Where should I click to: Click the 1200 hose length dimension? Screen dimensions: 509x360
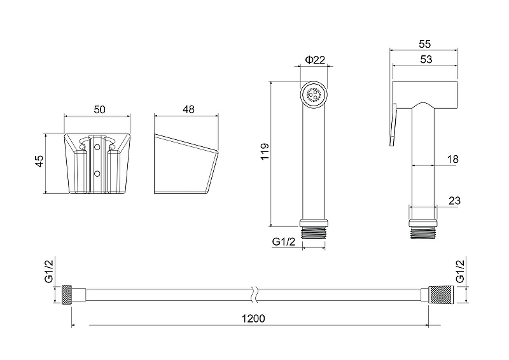(x=253, y=319)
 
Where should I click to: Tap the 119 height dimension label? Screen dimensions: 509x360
(x=265, y=151)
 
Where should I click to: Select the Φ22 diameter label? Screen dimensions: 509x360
(x=315, y=60)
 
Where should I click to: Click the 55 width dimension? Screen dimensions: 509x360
(x=424, y=44)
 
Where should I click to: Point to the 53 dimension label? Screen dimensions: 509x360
(x=426, y=59)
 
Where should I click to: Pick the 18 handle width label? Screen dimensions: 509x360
(x=452, y=159)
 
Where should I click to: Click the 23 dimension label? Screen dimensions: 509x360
(x=454, y=200)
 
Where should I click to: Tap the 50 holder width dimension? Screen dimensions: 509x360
(x=99, y=110)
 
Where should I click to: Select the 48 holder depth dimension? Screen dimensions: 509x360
(x=188, y=109)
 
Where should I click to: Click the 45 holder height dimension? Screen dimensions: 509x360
(x=39, y=162)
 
